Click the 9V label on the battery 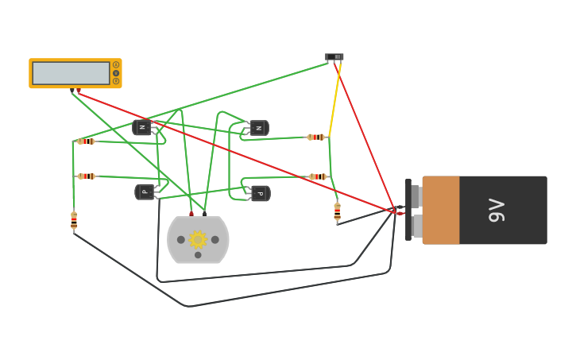coord(497,210)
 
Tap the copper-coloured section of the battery coord(441,210)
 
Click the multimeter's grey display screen coord(71,73)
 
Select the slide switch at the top coord(334,57)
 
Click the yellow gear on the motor coord(198,239)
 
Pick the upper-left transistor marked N coord(143,127)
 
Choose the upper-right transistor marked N coord(259,128)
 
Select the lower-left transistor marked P coord(145,192)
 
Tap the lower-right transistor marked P coord(260,193)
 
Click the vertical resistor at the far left coord(74,220)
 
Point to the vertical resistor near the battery coord(337,211)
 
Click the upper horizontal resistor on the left coord(86,141)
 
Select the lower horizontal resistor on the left coord(86,176)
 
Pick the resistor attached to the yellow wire coord(316,137)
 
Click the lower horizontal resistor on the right coord(317,176)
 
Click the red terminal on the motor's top coord(191,214)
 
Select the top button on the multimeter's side coord(116,65)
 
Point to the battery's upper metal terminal coord(416,196)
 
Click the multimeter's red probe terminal coord(79,91)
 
